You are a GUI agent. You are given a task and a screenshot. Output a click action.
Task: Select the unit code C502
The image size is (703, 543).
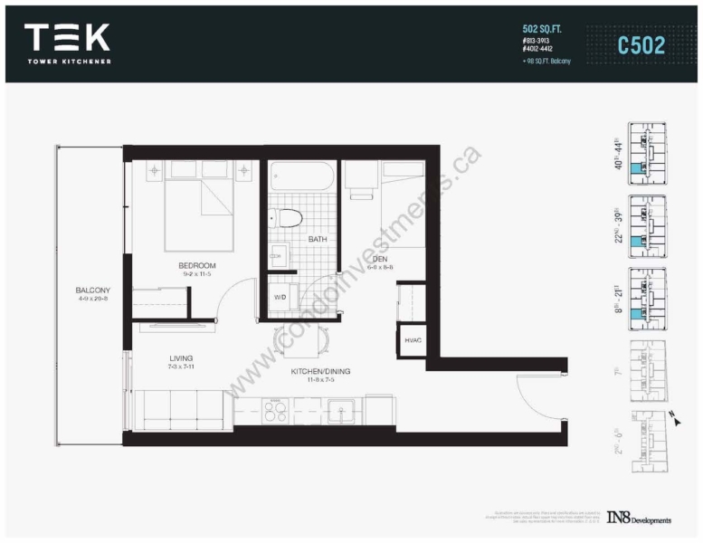(641, 43)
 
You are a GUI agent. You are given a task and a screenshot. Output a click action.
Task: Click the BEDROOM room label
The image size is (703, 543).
(196, 265)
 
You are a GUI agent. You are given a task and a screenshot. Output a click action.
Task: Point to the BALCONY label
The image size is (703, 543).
(93, 291)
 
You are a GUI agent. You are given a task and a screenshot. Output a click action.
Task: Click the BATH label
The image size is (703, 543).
(317, 240)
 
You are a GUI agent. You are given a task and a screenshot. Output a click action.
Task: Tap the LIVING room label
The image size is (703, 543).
(180, 358)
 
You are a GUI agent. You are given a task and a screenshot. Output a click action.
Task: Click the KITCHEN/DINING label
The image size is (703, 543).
(320, 371)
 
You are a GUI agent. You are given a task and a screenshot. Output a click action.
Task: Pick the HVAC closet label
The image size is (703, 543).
(413, 340)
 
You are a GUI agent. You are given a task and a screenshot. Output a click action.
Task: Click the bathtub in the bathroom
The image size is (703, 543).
(302, 174)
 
